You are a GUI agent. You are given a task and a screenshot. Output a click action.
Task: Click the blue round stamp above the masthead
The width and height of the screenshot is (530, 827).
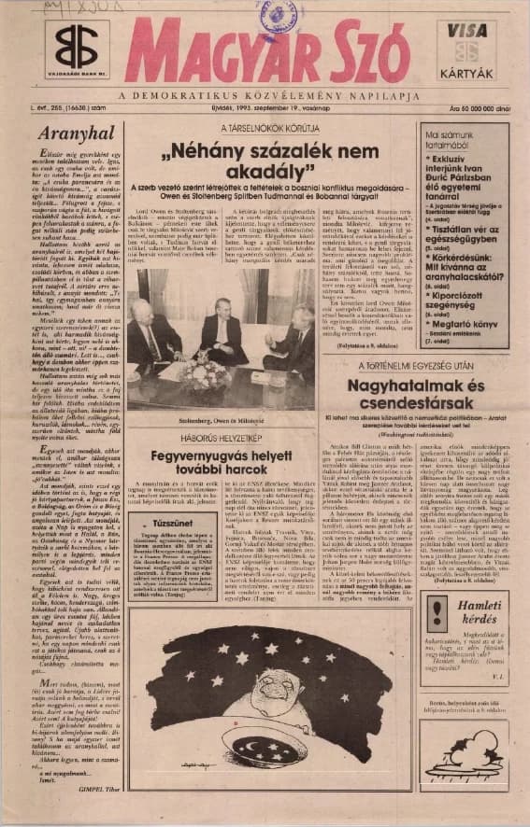[x=279, y=16]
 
